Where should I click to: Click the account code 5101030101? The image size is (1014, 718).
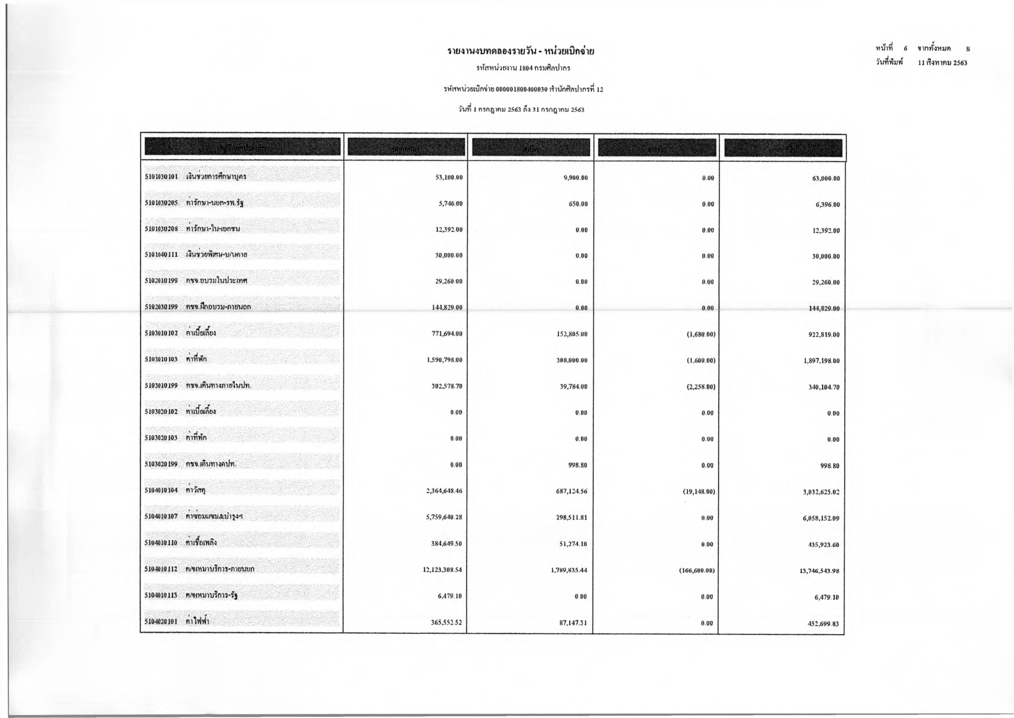(x=161, y=177)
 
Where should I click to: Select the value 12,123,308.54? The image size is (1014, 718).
(x=442, y=570)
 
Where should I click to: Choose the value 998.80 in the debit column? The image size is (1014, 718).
(x=578, y=465)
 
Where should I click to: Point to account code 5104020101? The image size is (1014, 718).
(x=161, y=622)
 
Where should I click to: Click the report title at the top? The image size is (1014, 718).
(x=521, y=51)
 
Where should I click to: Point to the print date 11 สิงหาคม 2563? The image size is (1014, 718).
(x=936, y=63)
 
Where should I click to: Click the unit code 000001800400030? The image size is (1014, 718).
(x=521, y=89)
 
